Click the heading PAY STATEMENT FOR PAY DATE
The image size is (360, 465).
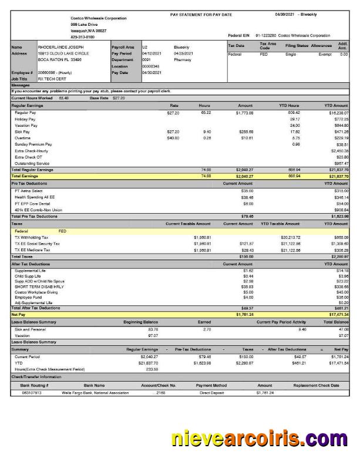201,14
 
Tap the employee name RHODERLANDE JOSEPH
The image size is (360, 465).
60,46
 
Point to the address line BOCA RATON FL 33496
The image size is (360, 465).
60,59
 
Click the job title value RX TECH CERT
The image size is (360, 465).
52,78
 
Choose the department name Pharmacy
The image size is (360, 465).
182,59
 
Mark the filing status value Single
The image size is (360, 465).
290,54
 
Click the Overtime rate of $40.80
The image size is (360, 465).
173,138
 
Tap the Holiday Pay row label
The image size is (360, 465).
25,119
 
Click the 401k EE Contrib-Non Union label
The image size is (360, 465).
38,210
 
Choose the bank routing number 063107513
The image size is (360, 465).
26,392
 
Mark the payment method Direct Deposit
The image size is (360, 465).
212,392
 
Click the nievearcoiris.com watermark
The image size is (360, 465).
259,437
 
